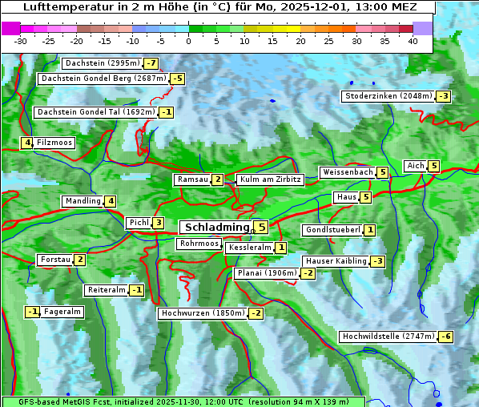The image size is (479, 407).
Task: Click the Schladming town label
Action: tap(217, 228)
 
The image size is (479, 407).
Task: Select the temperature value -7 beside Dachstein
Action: tap(151, 63)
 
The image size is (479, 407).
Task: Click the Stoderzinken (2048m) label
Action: tap(388, 96)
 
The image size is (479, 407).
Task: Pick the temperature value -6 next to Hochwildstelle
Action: tap(445, 336)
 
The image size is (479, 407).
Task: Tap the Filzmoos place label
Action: tap(54, 143)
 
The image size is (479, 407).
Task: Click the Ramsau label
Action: tap(193, 179)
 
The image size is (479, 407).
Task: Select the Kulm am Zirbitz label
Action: tap(270, 179)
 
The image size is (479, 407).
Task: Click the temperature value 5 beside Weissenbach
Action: tap(383, 172)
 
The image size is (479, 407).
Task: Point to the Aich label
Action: tap(416, 166)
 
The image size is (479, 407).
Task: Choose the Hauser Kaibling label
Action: tap(336, 261)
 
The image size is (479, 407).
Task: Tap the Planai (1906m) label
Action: tap(268, 273)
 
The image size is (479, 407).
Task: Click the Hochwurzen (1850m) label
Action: tap(202, 313)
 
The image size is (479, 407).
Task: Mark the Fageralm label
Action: tap(62, 312)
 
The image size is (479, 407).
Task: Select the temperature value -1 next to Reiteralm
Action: tap(137, 290)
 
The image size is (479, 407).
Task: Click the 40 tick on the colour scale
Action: tap(413, 41)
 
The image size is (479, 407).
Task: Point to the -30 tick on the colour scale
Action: tap(21, 41)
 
